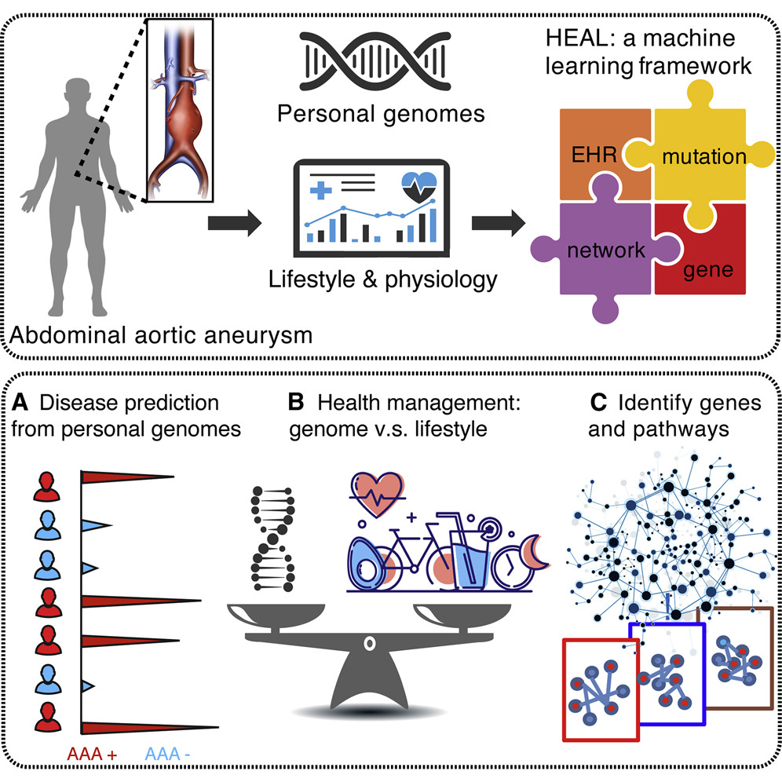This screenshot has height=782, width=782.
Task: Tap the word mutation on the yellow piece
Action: coord(704,156)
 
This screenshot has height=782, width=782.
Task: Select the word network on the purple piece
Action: coord(606,250)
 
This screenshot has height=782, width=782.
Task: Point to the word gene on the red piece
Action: coord(708,270)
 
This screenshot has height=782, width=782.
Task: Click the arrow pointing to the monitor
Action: coord(235,223)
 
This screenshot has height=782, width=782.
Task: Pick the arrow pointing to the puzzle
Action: coord(499,223)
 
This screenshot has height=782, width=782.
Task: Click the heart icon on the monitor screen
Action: coord(419,187)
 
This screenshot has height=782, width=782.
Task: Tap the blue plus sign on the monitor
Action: coord(320,190)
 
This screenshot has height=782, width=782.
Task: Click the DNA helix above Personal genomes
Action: coord(375,60)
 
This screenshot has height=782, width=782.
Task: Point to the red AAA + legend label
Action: coord(93,754)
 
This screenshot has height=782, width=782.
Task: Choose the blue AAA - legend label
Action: coord(167,754)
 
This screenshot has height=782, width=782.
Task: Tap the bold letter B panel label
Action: coord(296,402)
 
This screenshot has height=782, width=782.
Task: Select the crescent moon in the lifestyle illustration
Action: coord(537,552)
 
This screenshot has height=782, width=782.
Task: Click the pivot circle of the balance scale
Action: coord(369,643)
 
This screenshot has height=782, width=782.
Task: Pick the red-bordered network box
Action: coord(601,690)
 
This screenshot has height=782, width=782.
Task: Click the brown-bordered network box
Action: coord(736,658)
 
